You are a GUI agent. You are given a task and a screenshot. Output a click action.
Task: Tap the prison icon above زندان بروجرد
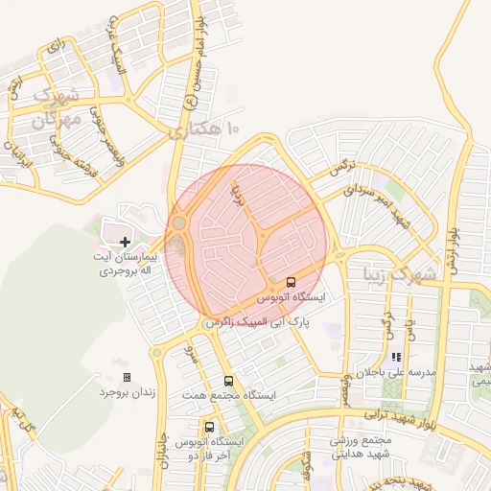click(x=127, y=378)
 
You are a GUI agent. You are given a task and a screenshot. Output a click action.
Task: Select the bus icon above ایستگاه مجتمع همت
click(x=227, y=381)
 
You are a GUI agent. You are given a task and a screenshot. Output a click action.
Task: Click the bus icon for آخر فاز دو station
click(x=209, y=427)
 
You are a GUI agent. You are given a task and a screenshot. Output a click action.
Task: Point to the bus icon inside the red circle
click(x=291, y=282)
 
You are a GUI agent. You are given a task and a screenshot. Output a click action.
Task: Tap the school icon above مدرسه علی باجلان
click(x=394, y=357)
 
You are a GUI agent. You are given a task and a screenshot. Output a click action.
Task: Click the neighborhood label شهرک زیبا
click(x=399, y=273)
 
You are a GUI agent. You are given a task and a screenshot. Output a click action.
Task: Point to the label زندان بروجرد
click(x=128, y=392)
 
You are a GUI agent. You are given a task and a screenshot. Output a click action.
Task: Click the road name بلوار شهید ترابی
click(x=403, y=418)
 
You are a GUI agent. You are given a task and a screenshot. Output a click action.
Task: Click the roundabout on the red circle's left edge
click(x=179, y=224)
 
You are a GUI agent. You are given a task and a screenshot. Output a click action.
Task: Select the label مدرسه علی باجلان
click(x=397, y=371)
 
